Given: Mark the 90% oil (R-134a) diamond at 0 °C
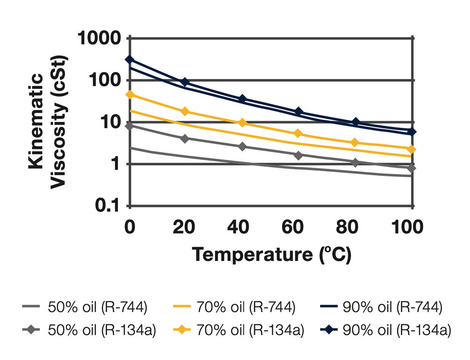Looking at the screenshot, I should [130, 60].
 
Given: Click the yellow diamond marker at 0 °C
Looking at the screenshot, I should [130, 94].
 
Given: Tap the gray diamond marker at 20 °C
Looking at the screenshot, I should [185, 139].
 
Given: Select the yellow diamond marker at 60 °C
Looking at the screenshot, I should [298, 134].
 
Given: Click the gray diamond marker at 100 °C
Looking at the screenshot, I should [412, 168].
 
